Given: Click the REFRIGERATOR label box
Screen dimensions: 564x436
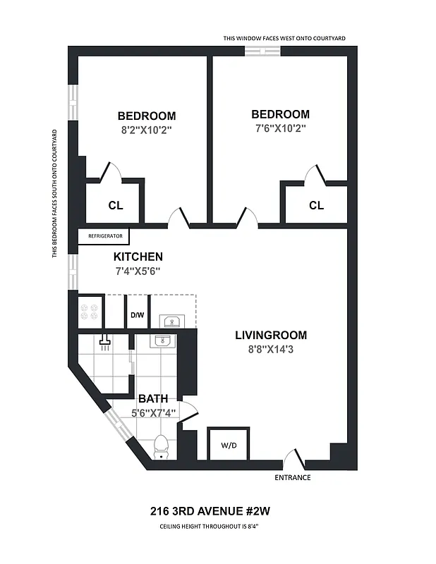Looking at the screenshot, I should click(x=104, y=237).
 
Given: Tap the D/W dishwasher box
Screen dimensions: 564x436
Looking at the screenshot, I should click(x=137, y=314).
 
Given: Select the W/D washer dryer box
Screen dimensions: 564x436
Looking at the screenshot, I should click(x=229, y=445).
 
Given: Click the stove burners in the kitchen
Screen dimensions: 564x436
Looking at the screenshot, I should click(x=90, y=310).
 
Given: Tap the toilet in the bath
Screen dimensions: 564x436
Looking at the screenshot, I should click(x=162, y=446).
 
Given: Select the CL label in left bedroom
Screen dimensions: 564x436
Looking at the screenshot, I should click(x=116, y=206).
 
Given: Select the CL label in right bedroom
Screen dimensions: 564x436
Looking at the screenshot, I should click(x=316, y=205).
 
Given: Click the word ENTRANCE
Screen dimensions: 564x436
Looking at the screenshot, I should click(x=293, y=478).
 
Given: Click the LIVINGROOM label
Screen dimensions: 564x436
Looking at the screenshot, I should click(x=271, y=335).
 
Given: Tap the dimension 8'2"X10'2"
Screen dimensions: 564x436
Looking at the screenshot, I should click(x=147, y=130).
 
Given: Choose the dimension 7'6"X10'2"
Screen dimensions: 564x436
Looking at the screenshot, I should click(x=280, y=128).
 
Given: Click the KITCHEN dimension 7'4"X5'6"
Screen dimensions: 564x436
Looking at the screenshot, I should click(x=138, y=271).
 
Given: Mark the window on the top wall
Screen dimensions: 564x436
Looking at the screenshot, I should click(x=262, y=51).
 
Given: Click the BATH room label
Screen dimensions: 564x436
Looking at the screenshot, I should click(x=153, y=399).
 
